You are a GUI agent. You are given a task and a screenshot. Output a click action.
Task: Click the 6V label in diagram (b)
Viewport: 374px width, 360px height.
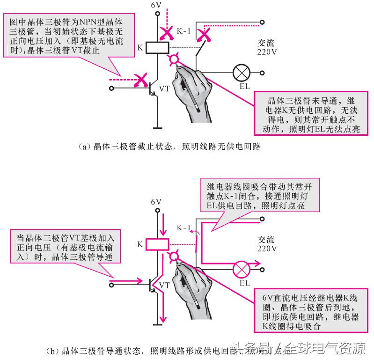(155, 202)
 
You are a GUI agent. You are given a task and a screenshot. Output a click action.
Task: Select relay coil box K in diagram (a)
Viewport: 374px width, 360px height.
(155, 47)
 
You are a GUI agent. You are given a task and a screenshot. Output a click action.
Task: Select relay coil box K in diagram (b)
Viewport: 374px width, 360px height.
(155, 244)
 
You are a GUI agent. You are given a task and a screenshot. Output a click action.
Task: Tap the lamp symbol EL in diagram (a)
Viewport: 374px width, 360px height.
(242, 73)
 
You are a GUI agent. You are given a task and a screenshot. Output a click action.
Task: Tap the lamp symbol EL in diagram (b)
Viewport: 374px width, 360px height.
(242, 269)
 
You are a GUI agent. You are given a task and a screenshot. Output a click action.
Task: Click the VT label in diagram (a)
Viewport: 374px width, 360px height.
(164, 88)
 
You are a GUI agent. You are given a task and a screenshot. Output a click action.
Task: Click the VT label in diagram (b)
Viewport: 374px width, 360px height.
(164, 284)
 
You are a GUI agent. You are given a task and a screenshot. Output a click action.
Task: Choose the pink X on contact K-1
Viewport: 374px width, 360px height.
(204, 34)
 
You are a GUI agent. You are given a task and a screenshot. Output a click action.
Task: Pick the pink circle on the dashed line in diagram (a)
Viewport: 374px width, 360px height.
(175, 59)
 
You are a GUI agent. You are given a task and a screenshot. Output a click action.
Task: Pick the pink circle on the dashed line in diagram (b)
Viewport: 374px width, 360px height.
(175, 256)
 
